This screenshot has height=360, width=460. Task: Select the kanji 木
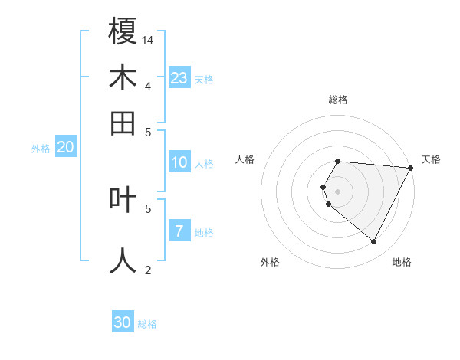click(x=123, y=77)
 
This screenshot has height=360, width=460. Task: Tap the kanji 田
click(x=123, y=122)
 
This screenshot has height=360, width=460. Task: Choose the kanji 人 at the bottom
click(x=123, y=259)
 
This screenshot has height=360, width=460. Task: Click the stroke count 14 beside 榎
click(x=149, y=39)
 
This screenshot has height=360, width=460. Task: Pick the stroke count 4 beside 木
click(x=147, y=85)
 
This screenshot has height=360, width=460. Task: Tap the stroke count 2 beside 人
click(x=147, y=269)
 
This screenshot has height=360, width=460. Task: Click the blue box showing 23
click(x=179, y=78)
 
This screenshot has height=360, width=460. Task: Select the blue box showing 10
click(x=179, y=162)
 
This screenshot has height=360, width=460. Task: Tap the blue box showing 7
click(x=179, y=231)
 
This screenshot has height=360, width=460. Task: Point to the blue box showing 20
click(x=65, y=148)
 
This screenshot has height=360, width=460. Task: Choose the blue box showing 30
click(x=123, y=322)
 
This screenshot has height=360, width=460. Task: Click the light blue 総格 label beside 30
click(x=147, y=324)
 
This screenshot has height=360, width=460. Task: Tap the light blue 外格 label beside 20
click(x=40, y=149)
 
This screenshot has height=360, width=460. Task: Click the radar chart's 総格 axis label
click(x=337, y=100)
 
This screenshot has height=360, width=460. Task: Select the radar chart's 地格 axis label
click(x=402, y=263)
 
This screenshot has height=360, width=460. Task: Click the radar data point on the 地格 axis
click(x=373, y=242)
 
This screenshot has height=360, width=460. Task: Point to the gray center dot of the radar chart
click(x=337, y=191)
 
